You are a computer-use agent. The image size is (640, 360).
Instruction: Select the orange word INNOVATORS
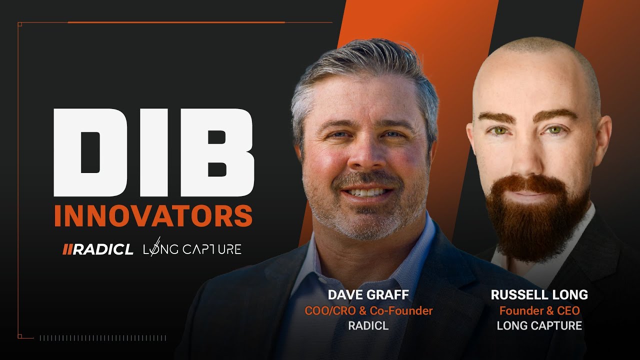[x=153, y=215]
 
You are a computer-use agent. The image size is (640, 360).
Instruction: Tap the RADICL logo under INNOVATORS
[x=98, y=249]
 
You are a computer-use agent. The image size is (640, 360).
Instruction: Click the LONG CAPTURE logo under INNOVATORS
[x=192, y=248]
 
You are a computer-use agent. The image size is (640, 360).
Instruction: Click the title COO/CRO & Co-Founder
[x=368, y=310]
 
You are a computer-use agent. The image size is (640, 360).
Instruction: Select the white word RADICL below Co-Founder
[x=368, y=326]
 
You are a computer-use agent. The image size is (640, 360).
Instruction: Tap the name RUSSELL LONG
[x=539, y=295]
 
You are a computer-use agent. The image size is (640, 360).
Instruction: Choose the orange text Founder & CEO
[x=539, y=310]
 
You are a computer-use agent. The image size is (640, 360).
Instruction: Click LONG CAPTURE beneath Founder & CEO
[x=539, y=326]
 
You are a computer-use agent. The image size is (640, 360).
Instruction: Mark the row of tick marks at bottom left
[x=102, y=338]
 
